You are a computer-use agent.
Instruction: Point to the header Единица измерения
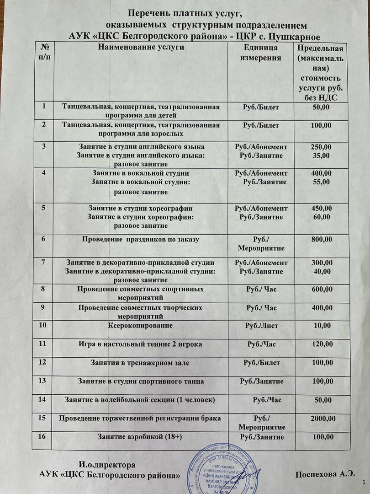point(261,53)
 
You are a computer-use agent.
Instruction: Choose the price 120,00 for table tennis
point(321,344)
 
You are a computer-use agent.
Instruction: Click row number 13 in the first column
point(44,381)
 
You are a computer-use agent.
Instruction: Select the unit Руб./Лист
point(261,326)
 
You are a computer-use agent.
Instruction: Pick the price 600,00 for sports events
point(321,290)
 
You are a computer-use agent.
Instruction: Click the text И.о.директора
point(107,465)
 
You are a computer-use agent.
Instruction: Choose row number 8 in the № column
point(44,289)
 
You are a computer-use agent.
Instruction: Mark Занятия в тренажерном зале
point(140,363)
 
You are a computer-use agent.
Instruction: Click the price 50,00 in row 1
point(321,107)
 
